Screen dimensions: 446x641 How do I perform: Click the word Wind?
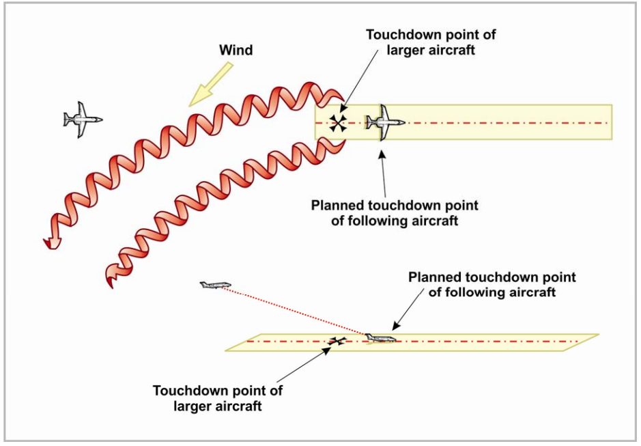[236, 51]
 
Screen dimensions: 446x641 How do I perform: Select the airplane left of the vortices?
[83, 120]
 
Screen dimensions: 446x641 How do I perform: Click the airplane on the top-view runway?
[385, 123]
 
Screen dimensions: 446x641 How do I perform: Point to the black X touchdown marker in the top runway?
[337, 123]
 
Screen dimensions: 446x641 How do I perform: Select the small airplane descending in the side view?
[216, 284]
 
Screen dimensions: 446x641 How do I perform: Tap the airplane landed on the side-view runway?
[380, 338]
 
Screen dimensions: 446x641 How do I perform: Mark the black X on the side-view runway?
[336, 341]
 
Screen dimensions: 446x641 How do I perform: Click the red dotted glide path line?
[294, 311]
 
